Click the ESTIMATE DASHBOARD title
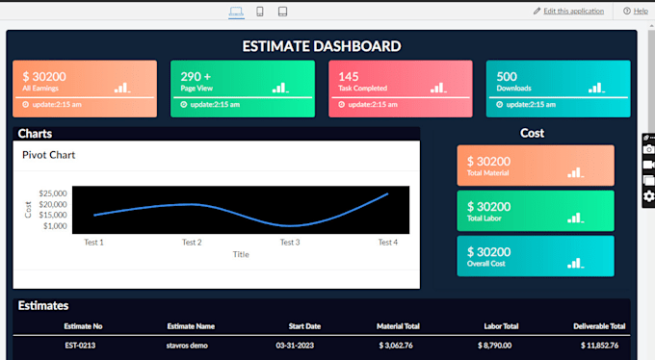pyautogui.click(x=322, y=45)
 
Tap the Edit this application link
pyautogui.click(x=573, y=11)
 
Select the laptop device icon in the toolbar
pyautogui.click(x=236, y=12)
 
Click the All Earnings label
pyautogui.click(x=40, y=89)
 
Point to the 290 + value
pyautogui.click(x=196, y=76)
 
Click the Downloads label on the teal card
pyautogui.click(x=513, y=89)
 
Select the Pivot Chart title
pyautogui.click(x=48, y=155)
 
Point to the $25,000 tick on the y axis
pyautogui.click(x=53, y=193)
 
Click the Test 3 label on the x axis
pyautogui.click(x=290, y=243)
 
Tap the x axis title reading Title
pyautogui.click(x=241, y=254)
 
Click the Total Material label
pyautogui.click(x=488, y=173)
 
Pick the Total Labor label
pyautogui.click(x=485, y=219)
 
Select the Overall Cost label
pyautogui.click(x=486, y=263)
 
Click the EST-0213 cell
pyautogui.click(x=80, y=345)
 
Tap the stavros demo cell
pyautogui.click(x=191, y=345)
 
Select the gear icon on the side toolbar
pyautogui.click(x=648, y=196)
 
